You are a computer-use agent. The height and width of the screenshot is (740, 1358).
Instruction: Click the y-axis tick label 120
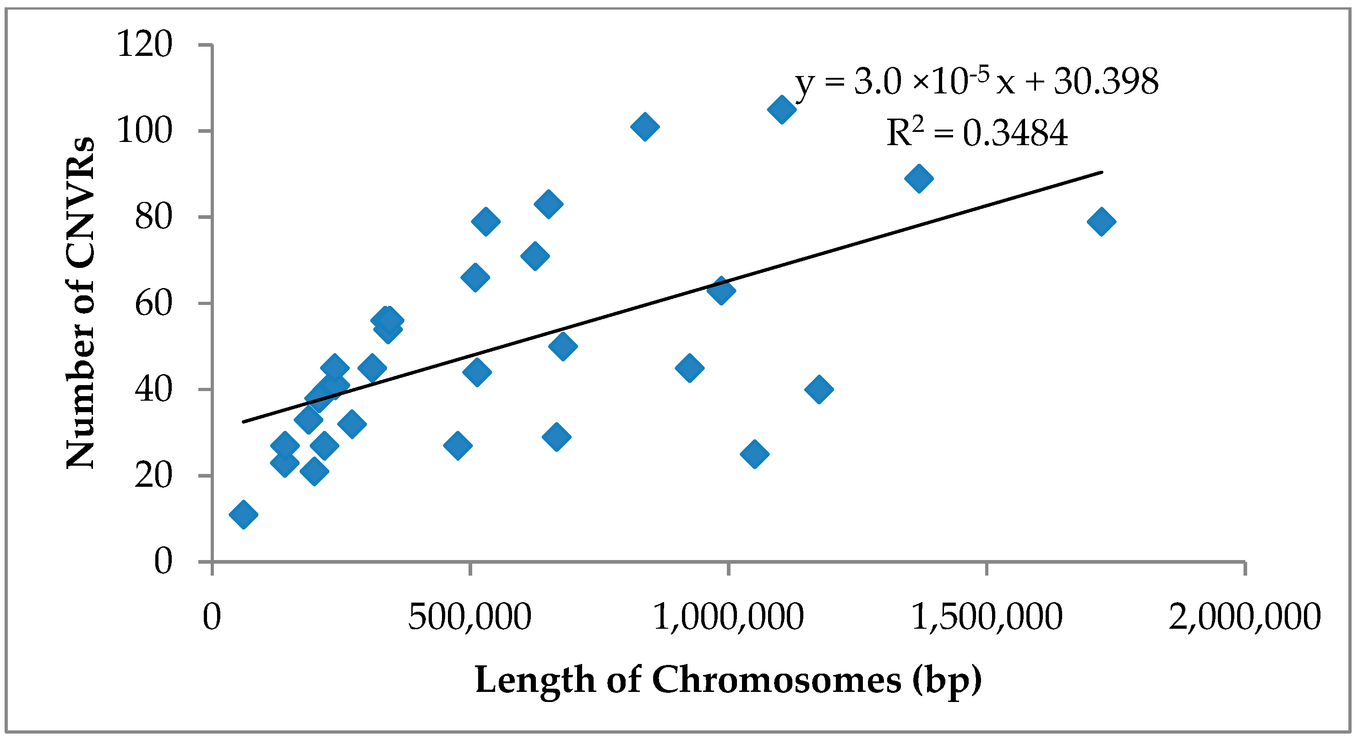144,44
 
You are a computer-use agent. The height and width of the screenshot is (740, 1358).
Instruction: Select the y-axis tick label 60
153,304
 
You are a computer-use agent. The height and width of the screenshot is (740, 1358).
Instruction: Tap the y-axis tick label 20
153,476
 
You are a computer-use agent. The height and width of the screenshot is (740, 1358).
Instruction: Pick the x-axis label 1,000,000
728,617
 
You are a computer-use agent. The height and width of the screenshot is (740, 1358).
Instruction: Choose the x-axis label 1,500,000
987,617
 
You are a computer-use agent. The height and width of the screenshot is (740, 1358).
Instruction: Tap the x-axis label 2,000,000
1244,617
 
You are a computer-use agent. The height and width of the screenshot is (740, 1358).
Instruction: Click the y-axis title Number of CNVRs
81,303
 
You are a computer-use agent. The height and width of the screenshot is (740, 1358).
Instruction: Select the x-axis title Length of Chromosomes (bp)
728,680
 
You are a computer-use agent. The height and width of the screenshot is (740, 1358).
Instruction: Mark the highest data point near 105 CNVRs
781,109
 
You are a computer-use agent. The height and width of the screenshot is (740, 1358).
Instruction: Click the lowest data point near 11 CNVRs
244,514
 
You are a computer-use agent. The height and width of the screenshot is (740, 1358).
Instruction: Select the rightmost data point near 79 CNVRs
1101,221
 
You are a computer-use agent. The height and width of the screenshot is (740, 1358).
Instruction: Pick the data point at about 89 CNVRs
918,178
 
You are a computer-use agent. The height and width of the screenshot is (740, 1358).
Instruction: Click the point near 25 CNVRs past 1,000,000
754,454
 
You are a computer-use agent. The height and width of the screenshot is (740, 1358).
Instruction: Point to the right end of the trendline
1101,172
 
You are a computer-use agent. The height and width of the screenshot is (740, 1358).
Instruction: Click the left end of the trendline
244,422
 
